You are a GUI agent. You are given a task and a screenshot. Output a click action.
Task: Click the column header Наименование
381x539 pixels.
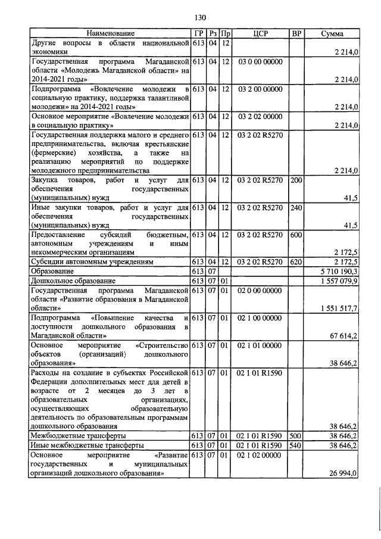click(x=110, y=34)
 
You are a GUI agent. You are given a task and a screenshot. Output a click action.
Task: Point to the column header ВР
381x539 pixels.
click(x=295, y=34)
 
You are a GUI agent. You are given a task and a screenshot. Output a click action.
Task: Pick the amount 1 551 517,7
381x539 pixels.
click(x=339, y=309)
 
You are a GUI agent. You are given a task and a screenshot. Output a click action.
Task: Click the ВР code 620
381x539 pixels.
click(x=295, y=261)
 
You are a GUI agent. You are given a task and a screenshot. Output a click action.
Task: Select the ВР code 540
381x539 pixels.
click(x=295, y=445)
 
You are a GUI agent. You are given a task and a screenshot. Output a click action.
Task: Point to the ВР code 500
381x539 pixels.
click(x=295, y=436)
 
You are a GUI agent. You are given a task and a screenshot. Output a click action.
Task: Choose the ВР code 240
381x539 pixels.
click(x=295, y=207)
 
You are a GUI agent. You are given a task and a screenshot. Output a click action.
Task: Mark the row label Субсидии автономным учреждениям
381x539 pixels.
click(x=92, y=261)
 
